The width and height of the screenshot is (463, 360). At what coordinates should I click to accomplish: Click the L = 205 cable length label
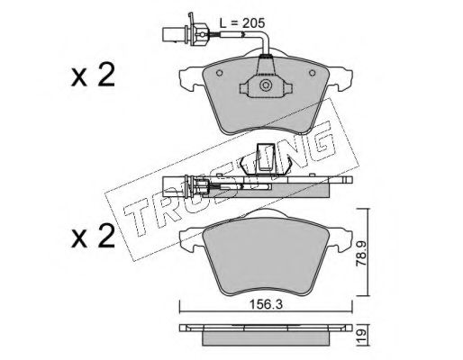(242, 23)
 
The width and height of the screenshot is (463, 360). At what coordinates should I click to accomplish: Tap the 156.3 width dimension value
(267, 305)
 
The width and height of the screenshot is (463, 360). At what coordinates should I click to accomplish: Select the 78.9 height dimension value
(360, 253)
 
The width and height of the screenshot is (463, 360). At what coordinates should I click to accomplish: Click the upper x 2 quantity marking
(93, 76)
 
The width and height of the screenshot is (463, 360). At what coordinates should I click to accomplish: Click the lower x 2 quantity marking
(93, 237)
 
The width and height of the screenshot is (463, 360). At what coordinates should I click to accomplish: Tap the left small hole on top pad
(220, 73)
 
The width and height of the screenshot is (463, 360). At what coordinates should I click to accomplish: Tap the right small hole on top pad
(313, 73)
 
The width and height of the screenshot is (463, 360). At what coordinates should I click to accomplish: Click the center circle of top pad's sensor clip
(266, 85)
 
